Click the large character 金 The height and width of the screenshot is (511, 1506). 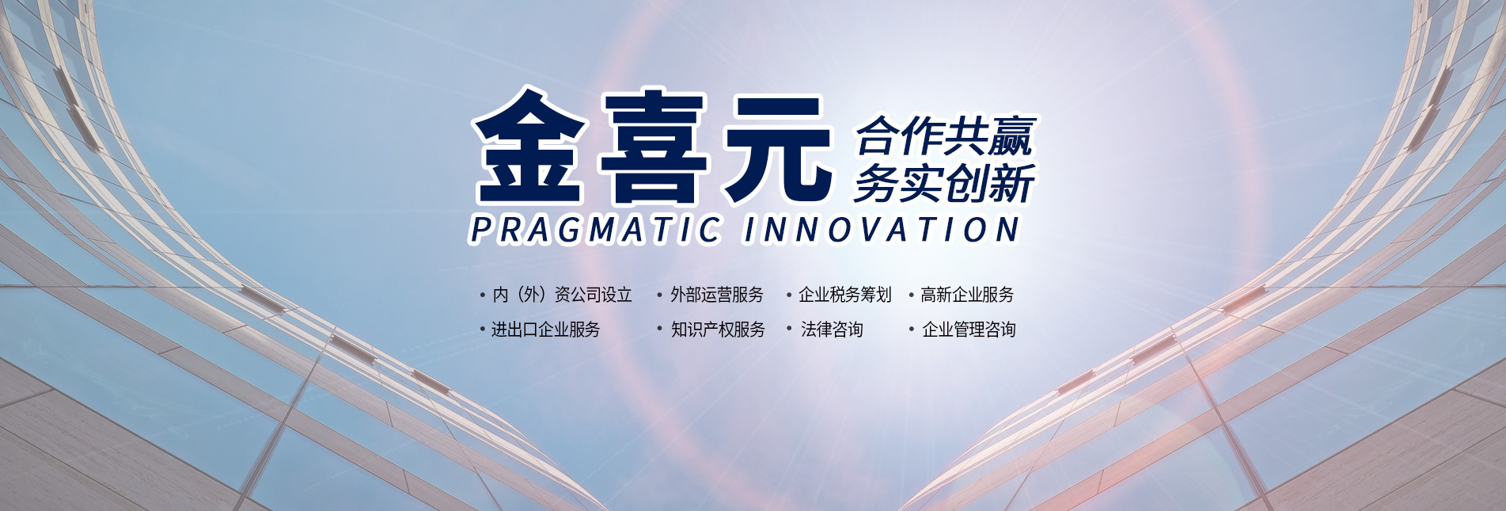coord(529,147)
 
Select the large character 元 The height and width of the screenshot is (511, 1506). coord(779,148)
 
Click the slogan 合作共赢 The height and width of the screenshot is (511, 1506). coord(945,136)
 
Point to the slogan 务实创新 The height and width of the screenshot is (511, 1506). coord(943,184)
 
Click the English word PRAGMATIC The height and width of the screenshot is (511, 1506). coord(595,230)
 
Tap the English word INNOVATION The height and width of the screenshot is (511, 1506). coord(881,230)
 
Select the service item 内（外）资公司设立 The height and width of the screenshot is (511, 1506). coord(562,295)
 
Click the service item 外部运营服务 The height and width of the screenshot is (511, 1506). coord(716,295)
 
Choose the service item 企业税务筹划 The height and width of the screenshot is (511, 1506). coord(844,295)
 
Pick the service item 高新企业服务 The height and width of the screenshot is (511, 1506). coord(967,295)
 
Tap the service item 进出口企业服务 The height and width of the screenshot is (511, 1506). coord(545,330)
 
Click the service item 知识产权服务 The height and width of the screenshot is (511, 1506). coord(718,330)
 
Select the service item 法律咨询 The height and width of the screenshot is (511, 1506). coord(832,330)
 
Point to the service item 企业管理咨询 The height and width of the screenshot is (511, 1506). coord(969,330)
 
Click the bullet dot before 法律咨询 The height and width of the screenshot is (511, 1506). coord(789,328)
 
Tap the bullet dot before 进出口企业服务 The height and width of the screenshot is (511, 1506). coord(482,329)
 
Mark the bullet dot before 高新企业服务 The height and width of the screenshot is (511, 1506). coord(912,296)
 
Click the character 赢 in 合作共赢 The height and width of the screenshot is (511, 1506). coord(1011,136)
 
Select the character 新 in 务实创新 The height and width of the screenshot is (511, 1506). coord(1011,184)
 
